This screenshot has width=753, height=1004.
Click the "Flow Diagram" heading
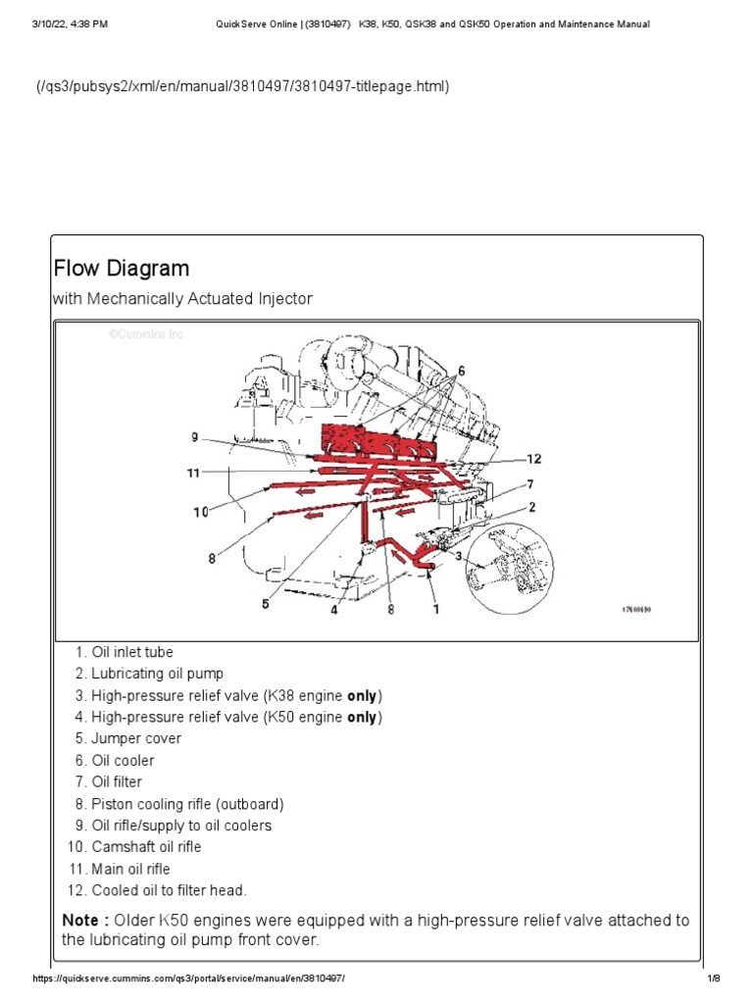click(x=121, y=268)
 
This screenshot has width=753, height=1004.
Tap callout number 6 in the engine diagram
click(x=461, y=370)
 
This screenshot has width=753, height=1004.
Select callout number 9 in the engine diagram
click(x=194, y=437)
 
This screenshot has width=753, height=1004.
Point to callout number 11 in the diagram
click(x=193, y=473)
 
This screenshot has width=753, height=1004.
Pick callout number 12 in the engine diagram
click(x=533, y=458)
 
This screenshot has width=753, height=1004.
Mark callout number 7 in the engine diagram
click(x=529, y=483)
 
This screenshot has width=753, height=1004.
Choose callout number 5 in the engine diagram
click(x=265, y=605)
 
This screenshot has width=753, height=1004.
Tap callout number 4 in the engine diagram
click(x=333, y=608)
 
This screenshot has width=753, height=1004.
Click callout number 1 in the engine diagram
click(x=435, y=608)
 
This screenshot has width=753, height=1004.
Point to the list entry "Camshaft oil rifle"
click(x=146, y=846)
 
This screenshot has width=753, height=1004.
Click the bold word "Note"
click(x=79, y=920)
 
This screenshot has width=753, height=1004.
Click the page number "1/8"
click(x=713, y=979)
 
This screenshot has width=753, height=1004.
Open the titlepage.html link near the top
click(x=243, y=86)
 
